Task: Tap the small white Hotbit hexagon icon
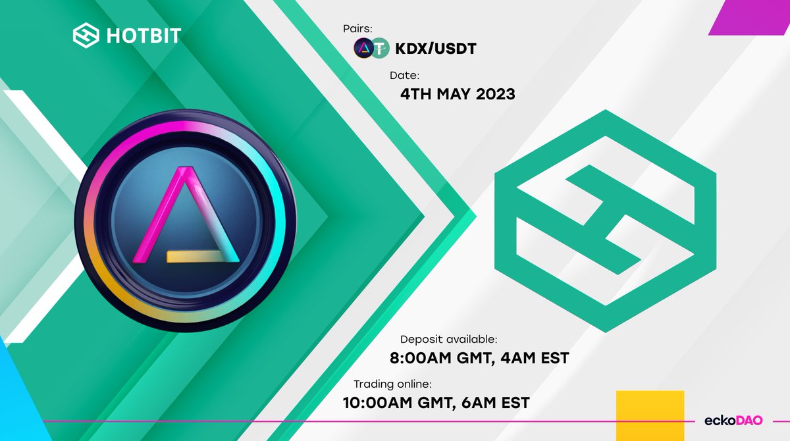click(x=86, y=35)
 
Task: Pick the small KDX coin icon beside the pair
click(x=363, y=48)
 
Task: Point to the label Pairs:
click(x=356, y=28)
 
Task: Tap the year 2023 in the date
click(x=493, y=94)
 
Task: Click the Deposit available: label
click(x=449, y=340)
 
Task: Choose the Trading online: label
click(x=392, y=384)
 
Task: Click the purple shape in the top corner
click(x=750, y=18)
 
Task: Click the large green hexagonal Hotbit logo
click(x=605, y=220)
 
